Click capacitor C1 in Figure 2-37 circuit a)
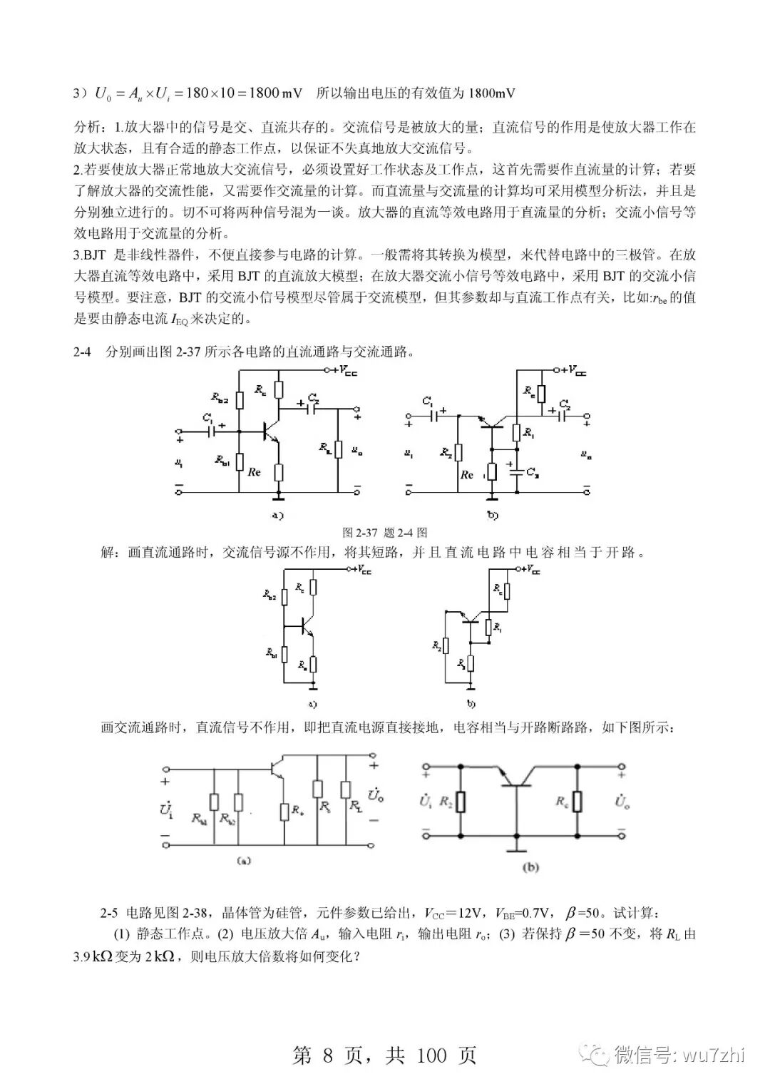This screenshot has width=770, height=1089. pos(210,430)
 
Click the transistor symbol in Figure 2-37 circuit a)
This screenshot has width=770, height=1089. pos(269,431)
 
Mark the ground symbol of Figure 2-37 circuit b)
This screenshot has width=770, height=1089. pos(491,494)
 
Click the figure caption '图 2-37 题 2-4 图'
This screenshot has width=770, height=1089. pos(385,532)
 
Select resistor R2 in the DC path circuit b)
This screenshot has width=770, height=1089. pos(446,645)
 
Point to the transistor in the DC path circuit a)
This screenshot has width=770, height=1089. pos(307,625)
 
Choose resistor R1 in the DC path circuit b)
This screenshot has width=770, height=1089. pos(488,628)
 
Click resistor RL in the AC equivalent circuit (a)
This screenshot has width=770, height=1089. pos(345,790)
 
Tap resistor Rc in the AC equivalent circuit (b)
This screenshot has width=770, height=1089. pos(577,802)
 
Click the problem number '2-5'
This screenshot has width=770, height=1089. pos(108,913)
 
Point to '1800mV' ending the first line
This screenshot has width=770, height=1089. pos(492,93)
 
